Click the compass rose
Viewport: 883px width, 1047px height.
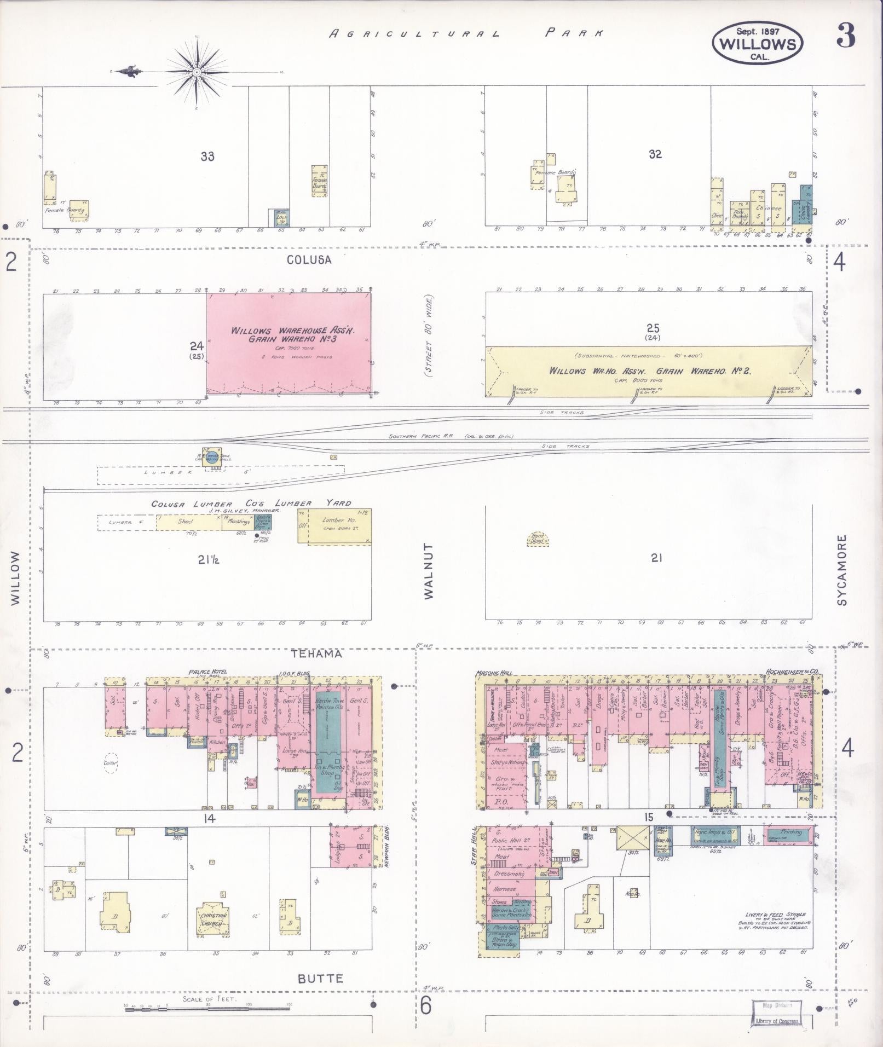[196, 72]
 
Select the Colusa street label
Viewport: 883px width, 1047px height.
[309, 260]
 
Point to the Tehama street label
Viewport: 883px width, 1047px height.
[316, 653]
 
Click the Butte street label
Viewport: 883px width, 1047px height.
[320, 978]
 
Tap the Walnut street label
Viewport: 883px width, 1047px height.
[428, 571]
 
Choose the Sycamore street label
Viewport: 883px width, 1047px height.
[841, 570]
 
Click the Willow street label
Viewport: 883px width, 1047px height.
[15, 577]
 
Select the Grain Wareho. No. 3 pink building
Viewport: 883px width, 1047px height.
[288, 343]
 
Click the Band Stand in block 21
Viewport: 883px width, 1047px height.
[537, 540]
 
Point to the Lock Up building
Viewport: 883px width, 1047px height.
[281, 218]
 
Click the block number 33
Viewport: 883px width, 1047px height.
[207, 157]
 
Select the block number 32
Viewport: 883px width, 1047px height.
[655, 154]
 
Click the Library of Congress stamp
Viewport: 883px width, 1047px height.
[777, 1013]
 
